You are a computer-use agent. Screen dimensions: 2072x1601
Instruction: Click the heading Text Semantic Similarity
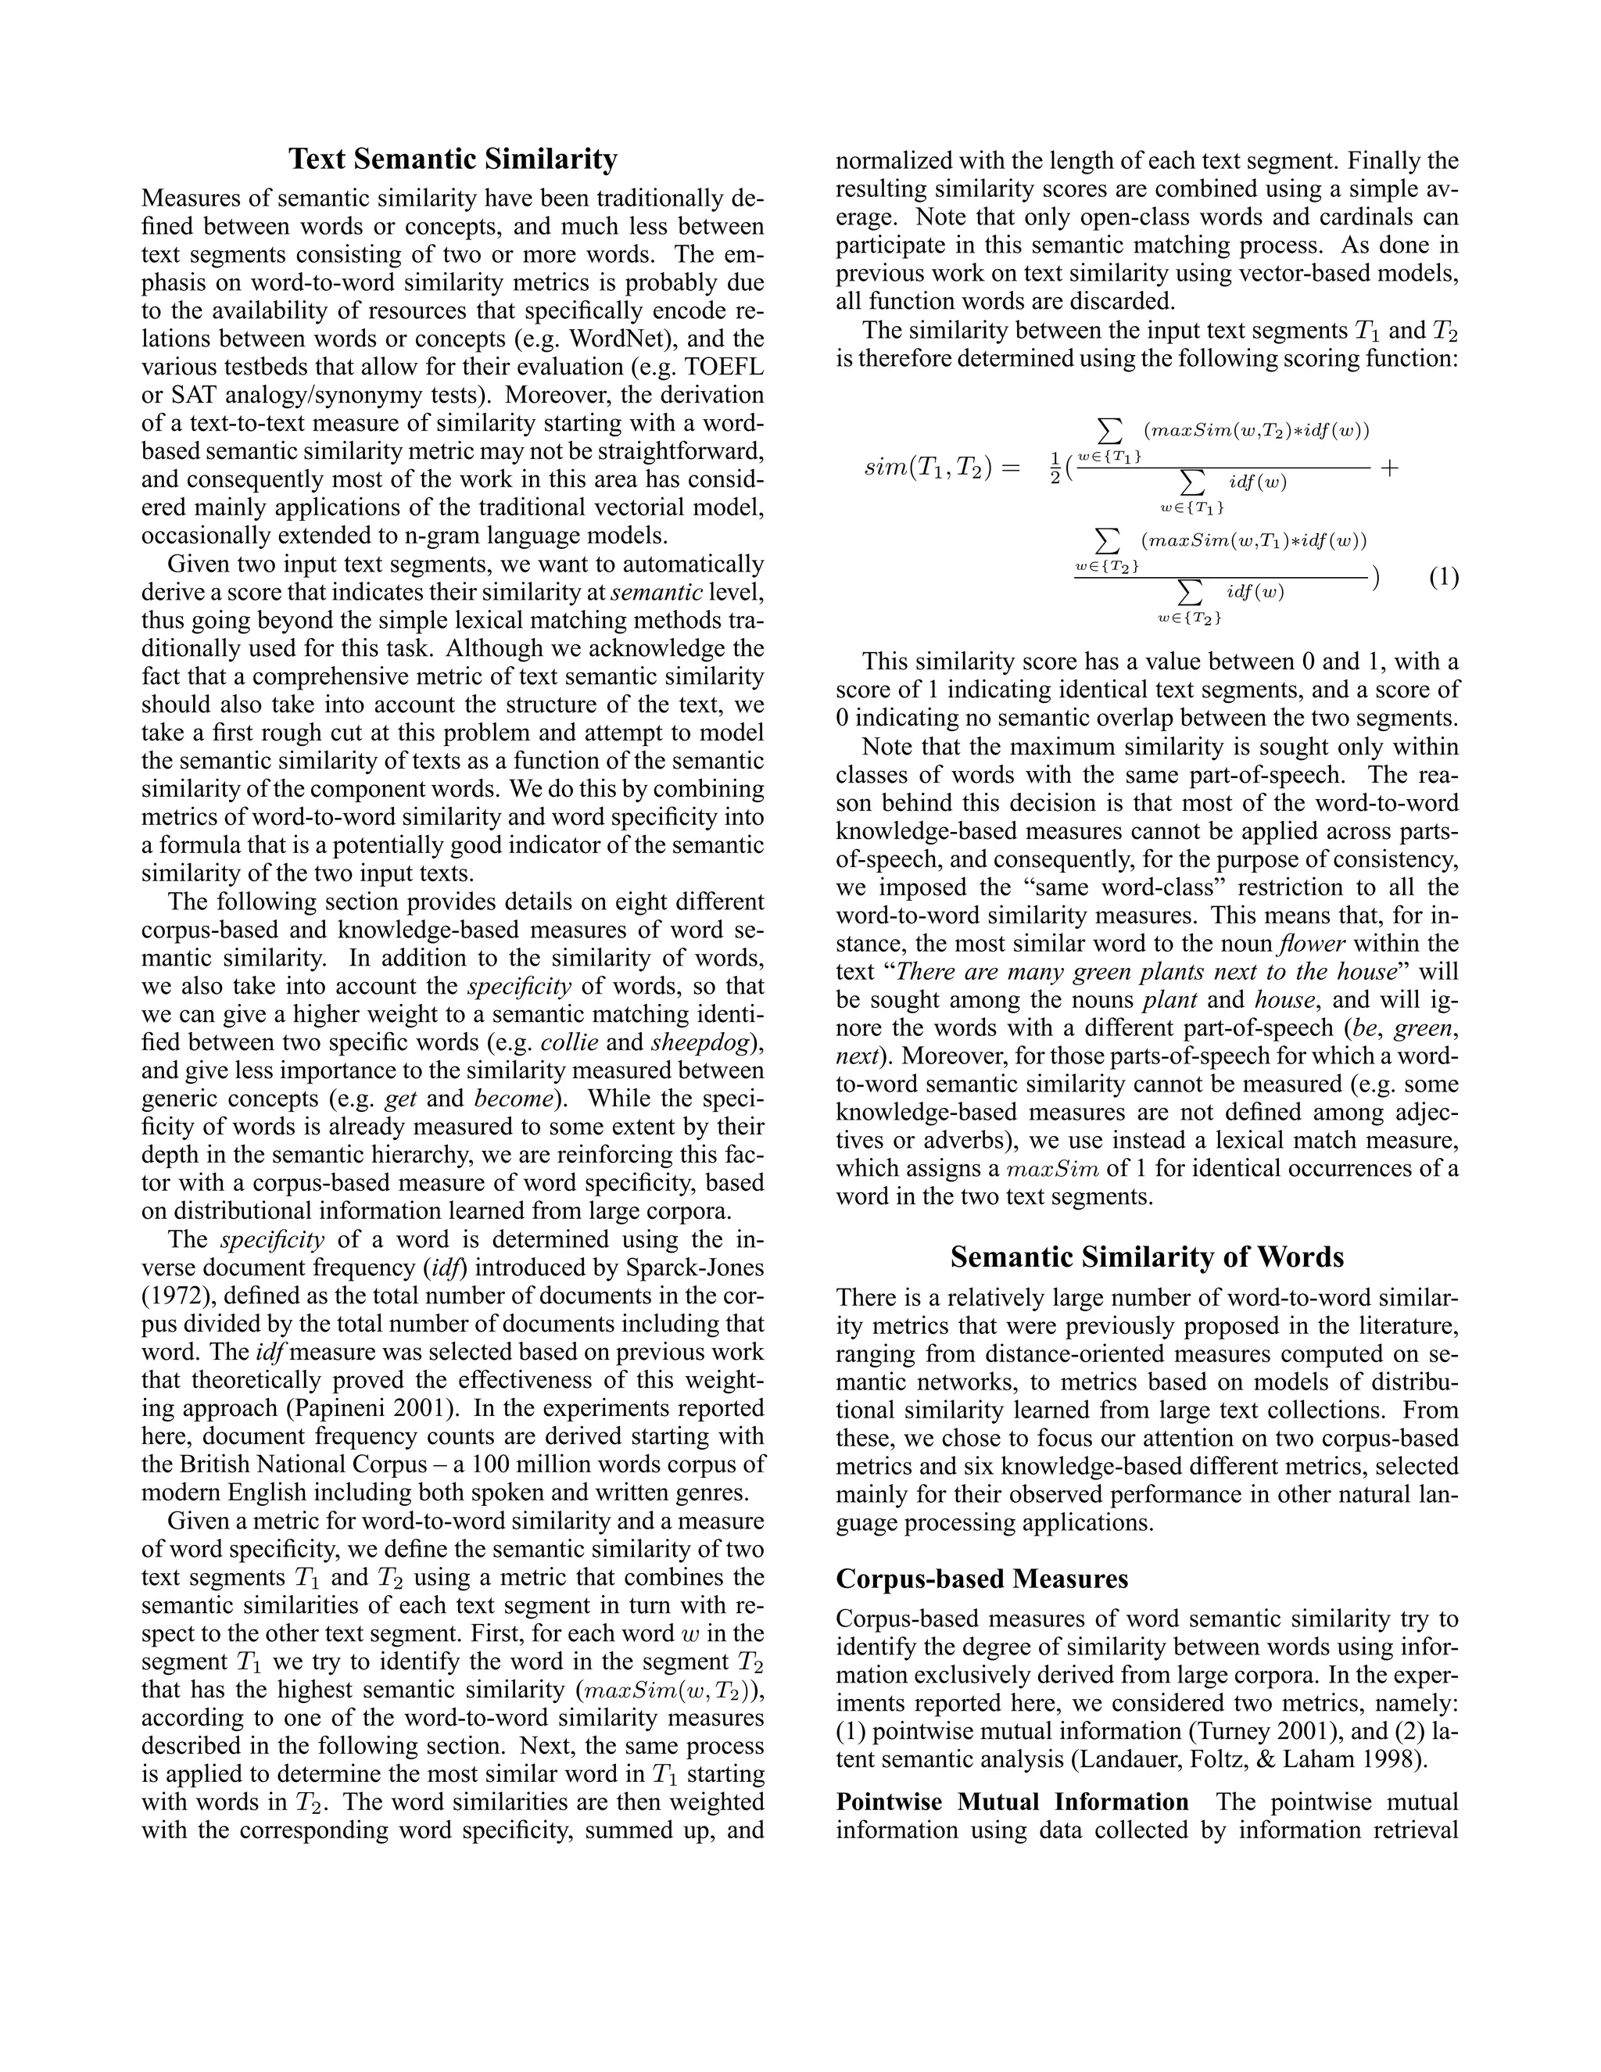453,159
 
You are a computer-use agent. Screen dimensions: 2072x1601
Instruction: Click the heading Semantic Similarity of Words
1147,1257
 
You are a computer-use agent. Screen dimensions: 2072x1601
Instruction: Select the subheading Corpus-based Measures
982,1579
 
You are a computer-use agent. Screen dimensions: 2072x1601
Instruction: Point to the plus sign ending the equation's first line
1389,468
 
